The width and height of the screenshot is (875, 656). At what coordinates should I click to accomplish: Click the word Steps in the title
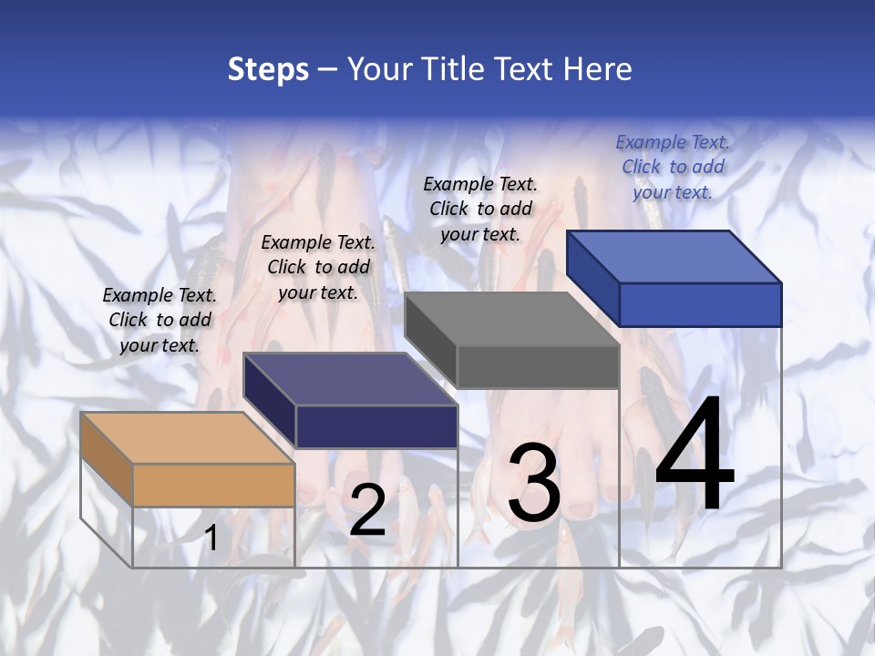click(268, 70)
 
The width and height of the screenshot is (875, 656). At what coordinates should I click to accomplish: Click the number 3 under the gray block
click(534, 483)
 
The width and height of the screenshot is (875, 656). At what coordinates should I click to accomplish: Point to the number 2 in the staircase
click(367, 510)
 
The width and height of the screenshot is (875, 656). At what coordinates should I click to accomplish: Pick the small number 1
click(211, 538)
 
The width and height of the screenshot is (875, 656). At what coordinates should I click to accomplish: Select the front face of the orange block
click(213, 485)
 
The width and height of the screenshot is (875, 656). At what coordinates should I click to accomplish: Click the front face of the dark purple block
click(376, 426)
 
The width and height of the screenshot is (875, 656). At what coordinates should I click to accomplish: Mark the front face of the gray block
click(538, 366)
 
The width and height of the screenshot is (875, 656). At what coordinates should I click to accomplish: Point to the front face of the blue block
click(700, 304)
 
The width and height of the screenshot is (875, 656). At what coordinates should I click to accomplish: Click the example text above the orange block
click(160, 320)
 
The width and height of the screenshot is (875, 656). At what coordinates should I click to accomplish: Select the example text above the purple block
click(318, 267)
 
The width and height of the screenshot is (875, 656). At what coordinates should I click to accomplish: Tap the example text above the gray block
click(480, 209)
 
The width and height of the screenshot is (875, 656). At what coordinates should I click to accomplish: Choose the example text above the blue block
click(673, 167)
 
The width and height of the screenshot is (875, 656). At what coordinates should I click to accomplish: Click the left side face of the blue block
click(592, 278)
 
